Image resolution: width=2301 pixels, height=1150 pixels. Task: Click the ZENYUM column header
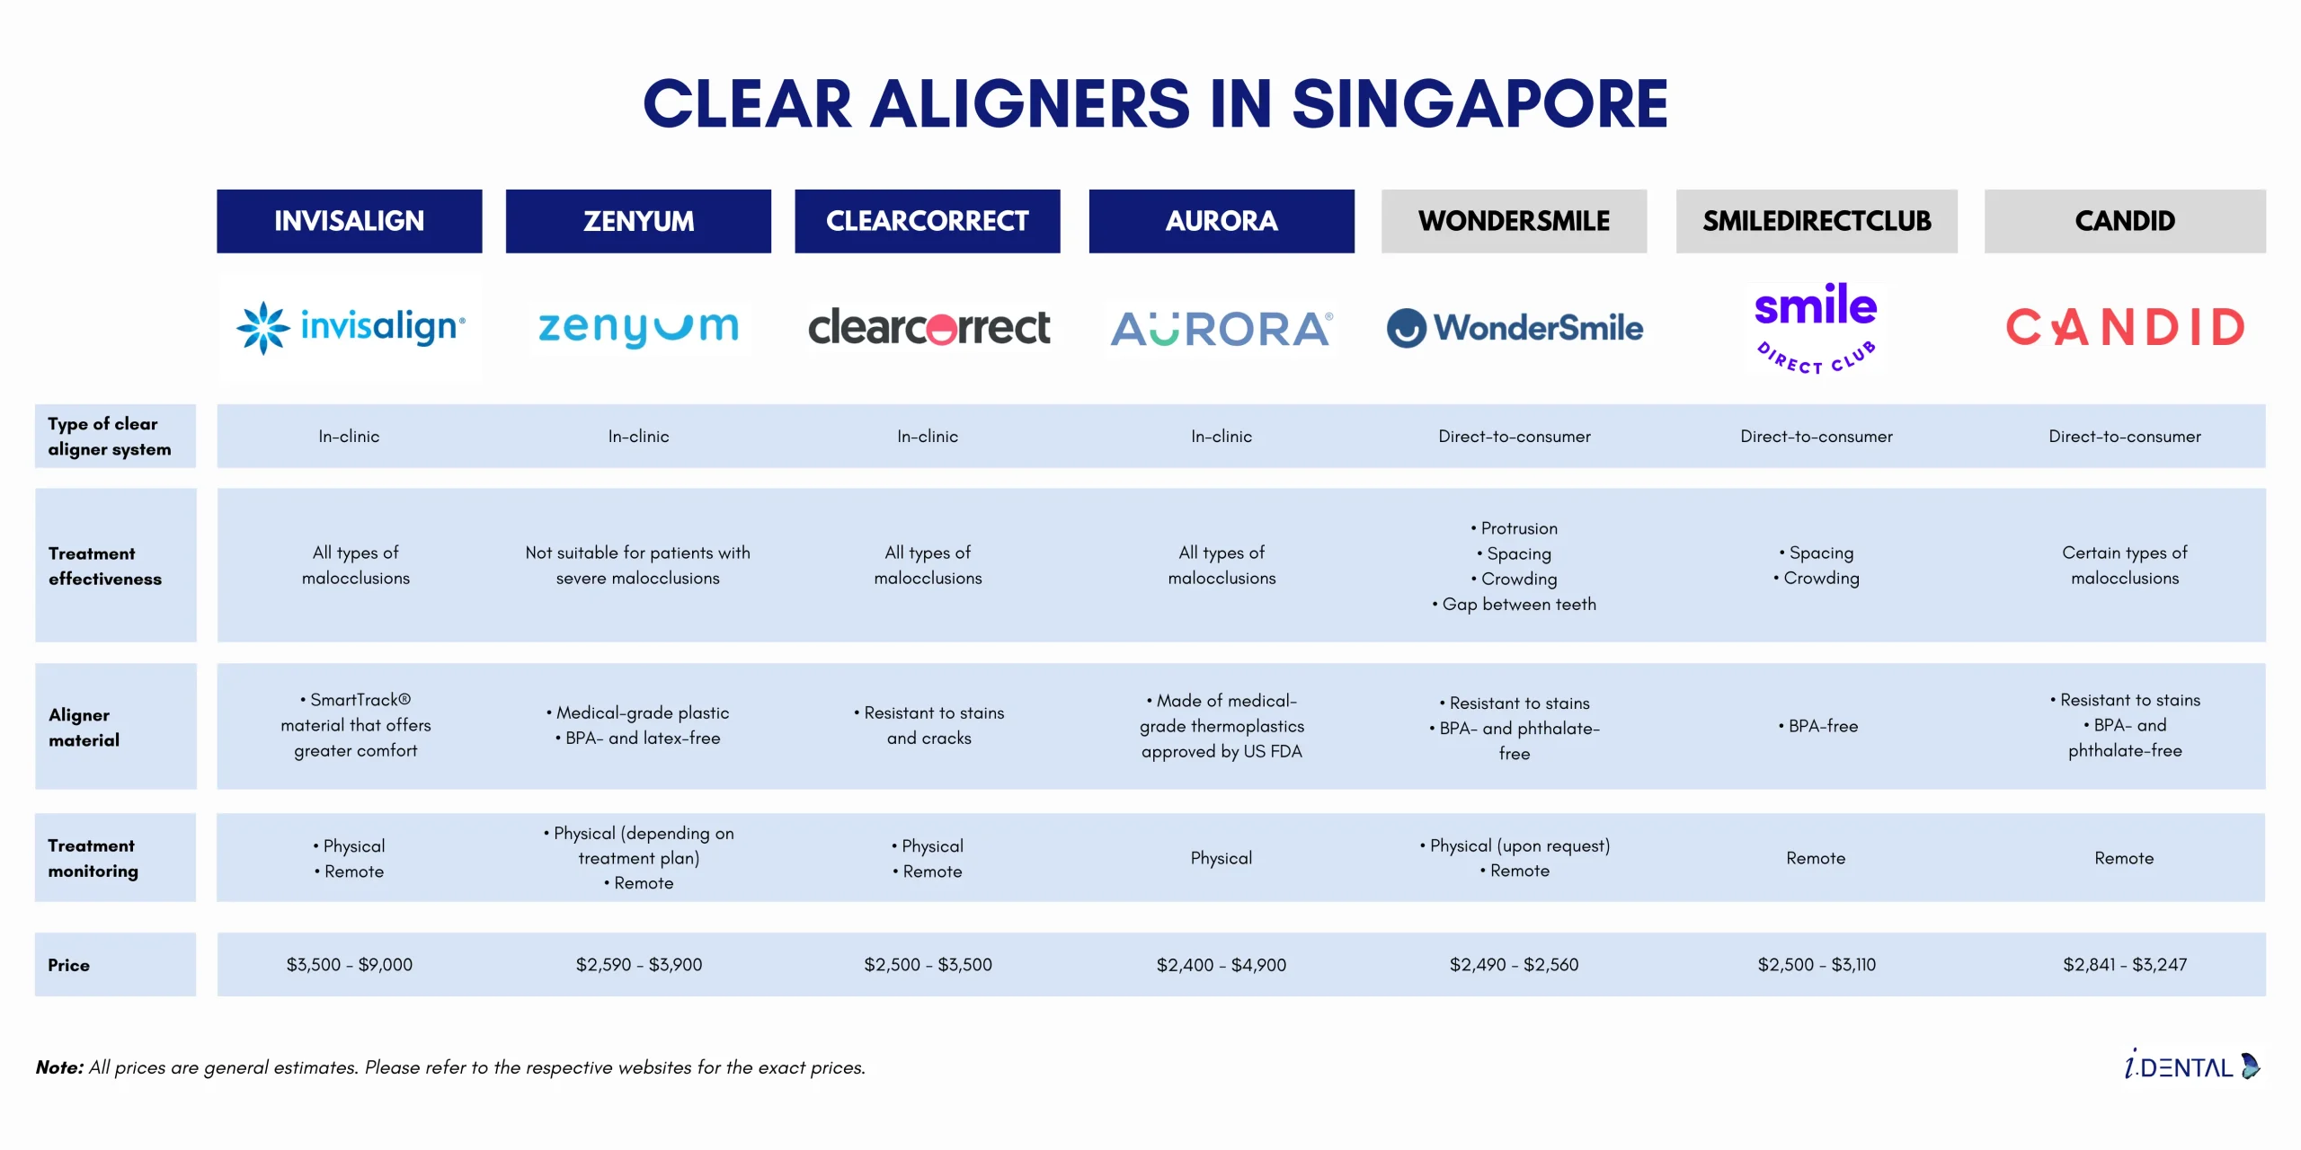point(638,221)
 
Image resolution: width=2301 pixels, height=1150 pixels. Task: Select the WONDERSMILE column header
point(1514,221)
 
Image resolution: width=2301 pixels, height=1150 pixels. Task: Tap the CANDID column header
point(2125,221)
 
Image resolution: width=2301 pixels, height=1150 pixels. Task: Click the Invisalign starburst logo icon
point(262,328)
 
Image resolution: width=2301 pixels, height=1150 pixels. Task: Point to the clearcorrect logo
point(928,327)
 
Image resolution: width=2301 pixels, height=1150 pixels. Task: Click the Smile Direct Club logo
point(1816,328)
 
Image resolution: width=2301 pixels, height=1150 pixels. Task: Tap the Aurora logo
point(1222,329)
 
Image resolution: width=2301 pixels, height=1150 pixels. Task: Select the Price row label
point(69,965)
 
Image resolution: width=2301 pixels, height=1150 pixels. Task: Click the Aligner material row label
point(84,727)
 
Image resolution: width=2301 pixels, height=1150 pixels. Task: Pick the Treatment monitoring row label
point(93,858)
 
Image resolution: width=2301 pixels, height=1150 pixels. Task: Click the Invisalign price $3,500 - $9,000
point(350,965)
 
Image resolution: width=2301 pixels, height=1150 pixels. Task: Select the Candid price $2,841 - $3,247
point(2125,965)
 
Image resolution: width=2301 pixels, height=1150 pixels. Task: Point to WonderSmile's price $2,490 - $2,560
point(1514,965)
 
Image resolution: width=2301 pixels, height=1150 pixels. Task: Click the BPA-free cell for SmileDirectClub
point(1818,726)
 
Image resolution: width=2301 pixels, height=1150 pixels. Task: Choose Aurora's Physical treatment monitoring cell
point(1222,858)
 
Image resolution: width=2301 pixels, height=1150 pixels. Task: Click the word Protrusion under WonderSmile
point(1519,528)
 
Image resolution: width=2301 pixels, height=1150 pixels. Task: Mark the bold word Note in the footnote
point(59,1067)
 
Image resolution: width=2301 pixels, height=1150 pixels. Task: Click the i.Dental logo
point(2192,1066)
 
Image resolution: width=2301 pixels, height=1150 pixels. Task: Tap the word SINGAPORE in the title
point(1479,104)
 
